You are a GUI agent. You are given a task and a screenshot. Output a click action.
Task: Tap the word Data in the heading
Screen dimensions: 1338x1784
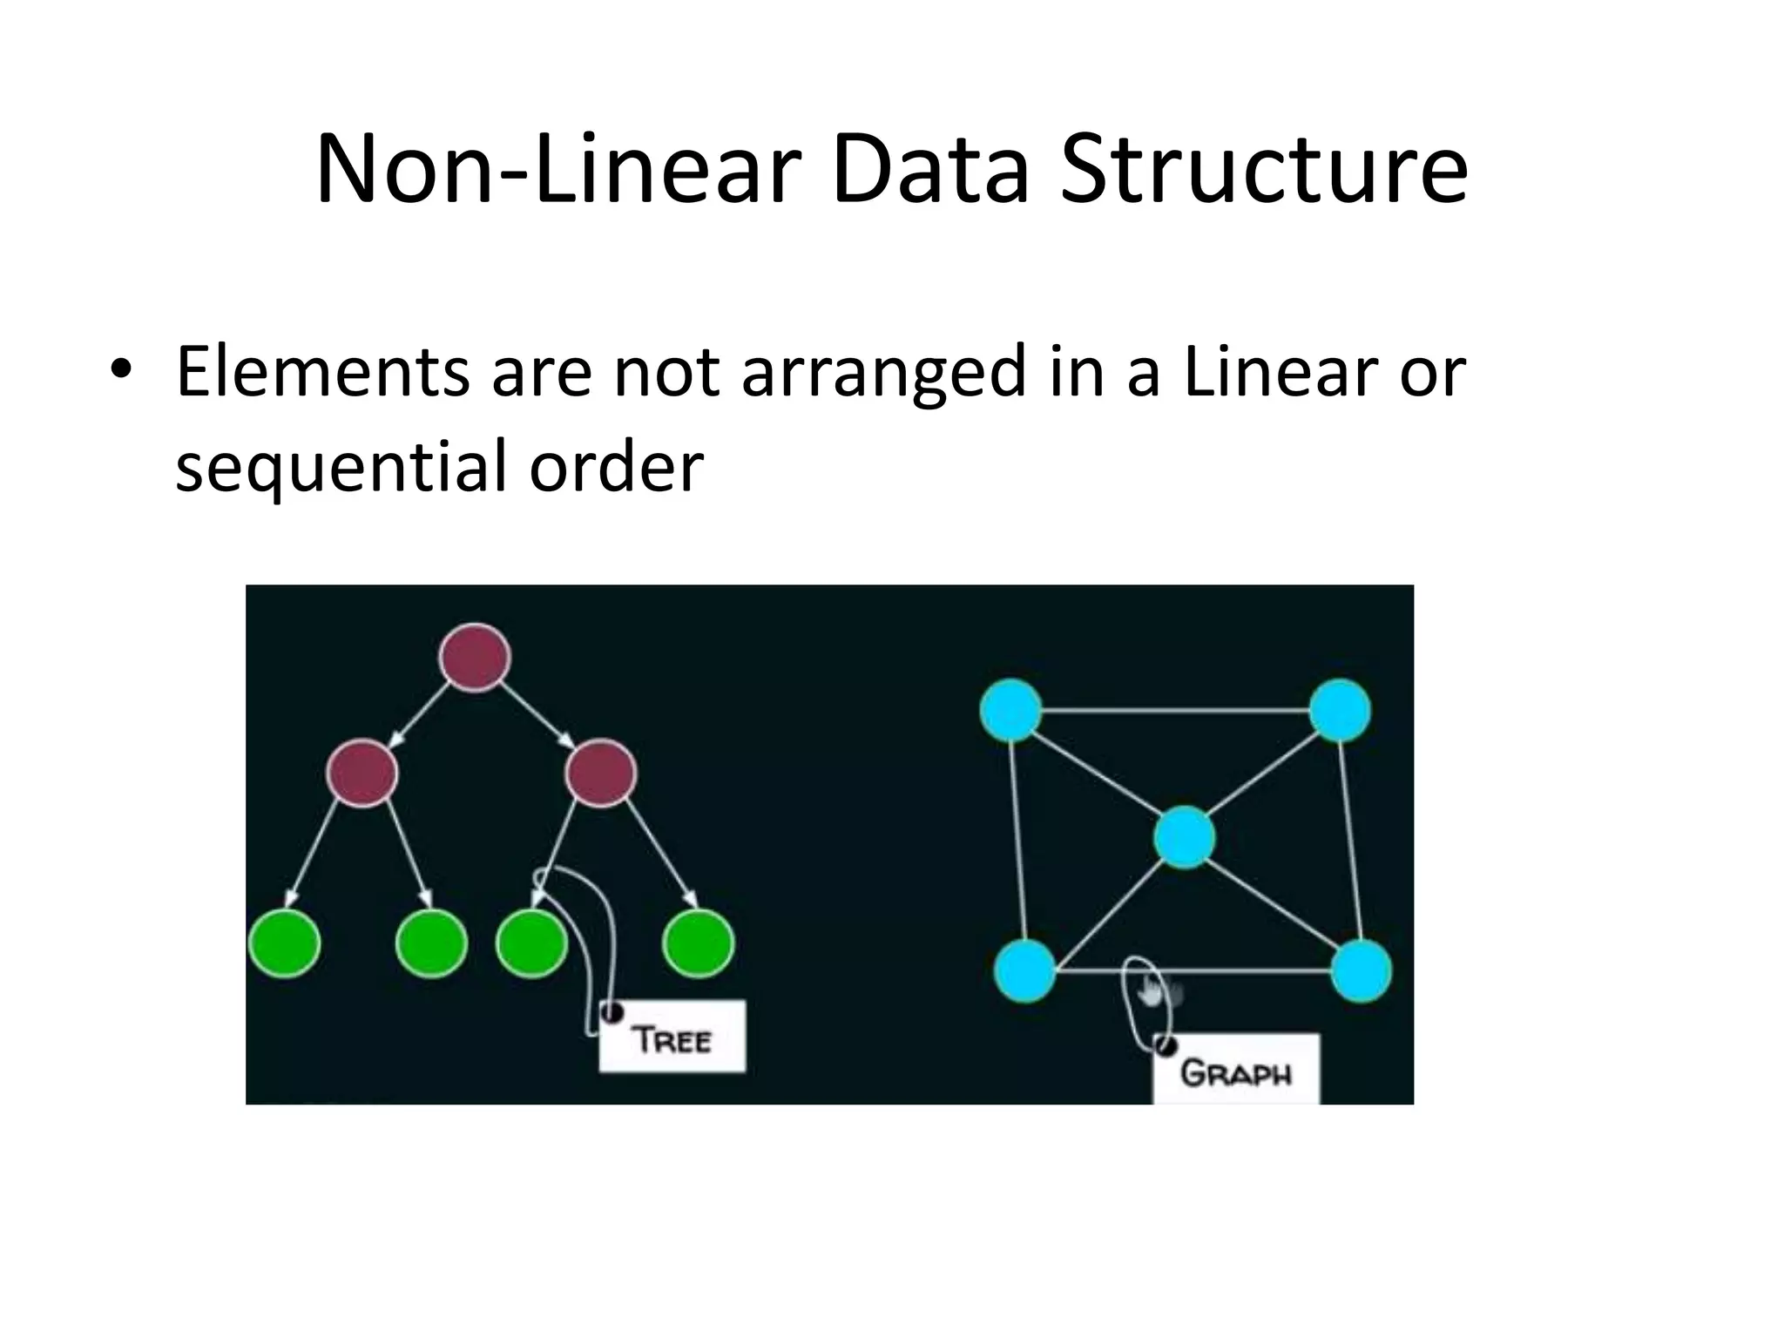pos(929,169)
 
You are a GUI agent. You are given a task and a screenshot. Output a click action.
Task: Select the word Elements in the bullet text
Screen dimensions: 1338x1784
pos(321,372)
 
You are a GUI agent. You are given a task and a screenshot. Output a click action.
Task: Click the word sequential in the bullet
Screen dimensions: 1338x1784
pos(340,466)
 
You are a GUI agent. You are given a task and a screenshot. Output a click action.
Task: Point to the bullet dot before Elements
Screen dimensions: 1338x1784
pos(121,369)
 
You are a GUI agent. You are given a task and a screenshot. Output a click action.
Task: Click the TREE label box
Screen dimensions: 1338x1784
pos(672,1037)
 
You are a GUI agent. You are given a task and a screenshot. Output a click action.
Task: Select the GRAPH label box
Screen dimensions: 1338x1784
pos(1235,1071)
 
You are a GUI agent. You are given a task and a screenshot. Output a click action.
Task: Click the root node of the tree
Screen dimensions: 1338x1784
pos(475,658)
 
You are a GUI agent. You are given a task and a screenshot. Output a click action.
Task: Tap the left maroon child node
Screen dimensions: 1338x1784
pos(362,773)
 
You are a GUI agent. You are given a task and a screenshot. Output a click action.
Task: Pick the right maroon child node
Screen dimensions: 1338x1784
pos(600,773)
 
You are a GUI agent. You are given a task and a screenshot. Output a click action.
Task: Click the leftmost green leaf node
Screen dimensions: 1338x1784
pos(285,944)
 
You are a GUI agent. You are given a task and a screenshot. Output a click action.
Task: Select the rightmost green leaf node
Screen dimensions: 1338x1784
pos(698,944)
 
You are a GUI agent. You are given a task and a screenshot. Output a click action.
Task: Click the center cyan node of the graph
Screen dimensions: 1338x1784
pos(1184,837)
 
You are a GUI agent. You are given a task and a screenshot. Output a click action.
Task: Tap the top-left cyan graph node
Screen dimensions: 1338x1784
pos(1011,710)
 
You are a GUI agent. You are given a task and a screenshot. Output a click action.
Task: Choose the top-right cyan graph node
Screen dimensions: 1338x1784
pos(1340,710)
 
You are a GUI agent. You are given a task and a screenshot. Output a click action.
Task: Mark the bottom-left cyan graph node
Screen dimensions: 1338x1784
pos(1025,970)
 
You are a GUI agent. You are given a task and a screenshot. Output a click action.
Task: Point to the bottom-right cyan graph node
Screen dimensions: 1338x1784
pos(1361,970)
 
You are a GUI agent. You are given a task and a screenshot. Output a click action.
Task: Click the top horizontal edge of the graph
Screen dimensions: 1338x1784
pos(1176,711)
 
